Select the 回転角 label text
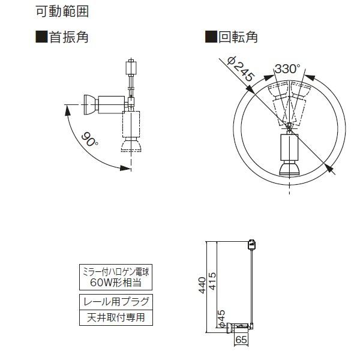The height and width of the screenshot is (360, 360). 238,37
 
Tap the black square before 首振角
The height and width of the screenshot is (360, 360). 41,37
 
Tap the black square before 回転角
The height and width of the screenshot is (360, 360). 211,37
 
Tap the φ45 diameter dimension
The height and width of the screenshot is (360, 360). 221,318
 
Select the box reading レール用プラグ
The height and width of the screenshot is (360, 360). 116,301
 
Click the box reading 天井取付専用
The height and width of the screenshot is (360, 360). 116,317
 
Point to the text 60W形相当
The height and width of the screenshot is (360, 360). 116,281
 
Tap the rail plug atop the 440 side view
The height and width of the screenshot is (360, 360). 253,244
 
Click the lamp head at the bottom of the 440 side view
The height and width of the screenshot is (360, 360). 241,328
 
